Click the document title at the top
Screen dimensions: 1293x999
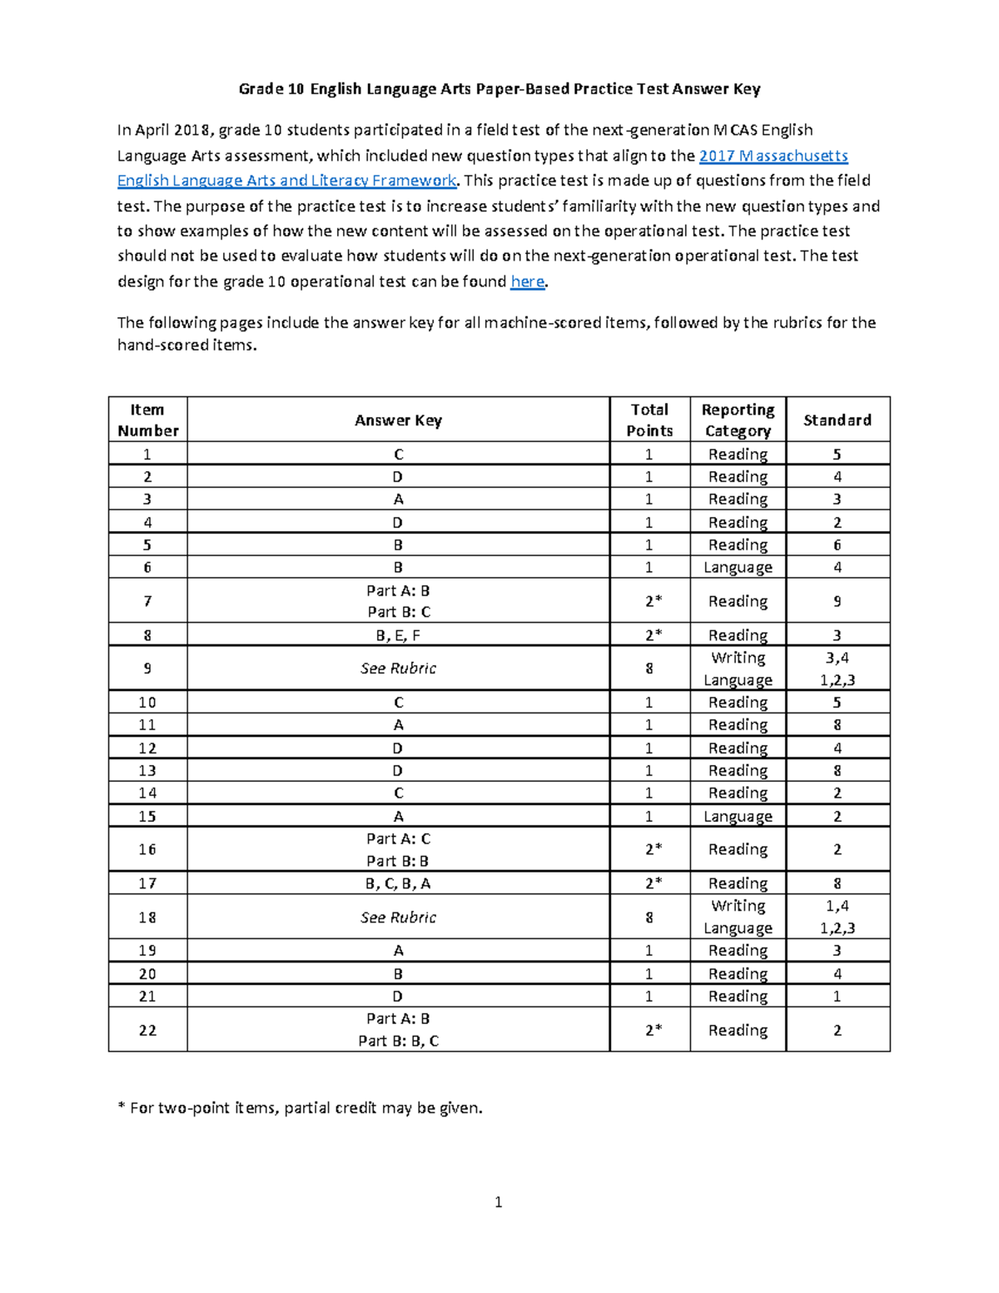click(499, 89)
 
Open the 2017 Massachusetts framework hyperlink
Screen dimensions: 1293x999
click(773, 156)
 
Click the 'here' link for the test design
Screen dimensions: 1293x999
click(527, 281)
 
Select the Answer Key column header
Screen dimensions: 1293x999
click(398, 420)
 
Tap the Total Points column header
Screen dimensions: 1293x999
click(649, 420)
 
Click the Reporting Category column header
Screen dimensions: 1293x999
click(738, 420)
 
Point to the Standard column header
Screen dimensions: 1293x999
click(837, 420)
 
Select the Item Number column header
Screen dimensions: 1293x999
click(147, 420)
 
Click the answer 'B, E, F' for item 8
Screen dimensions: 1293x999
click(398, 635)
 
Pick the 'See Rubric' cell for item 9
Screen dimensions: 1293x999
click(398, 669)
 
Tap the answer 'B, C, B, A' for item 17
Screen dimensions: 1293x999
click(398, 883)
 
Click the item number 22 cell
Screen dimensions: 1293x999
click(147, 1030)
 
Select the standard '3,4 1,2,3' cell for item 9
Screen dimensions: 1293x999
click(837, 669)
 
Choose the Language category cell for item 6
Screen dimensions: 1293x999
click(738, 568)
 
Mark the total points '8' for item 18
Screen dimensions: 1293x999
click(649, 917)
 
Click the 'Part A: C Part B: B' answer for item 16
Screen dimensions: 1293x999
click(398, 849)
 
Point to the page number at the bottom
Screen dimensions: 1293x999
click(498, 1201)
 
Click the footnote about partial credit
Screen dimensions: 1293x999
click(300, 1107)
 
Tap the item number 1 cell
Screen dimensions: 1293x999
click(147, 454)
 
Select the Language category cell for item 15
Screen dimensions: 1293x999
click(738, 817)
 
